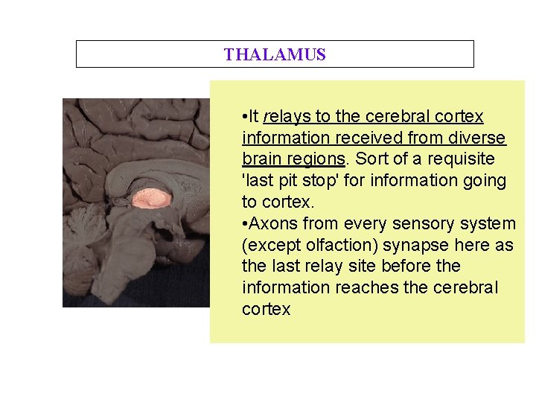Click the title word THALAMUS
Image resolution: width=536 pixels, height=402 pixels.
[x=275, y=54]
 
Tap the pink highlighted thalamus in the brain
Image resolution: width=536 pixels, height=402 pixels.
[x=152, y=198]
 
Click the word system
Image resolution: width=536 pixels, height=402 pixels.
[x=488, y=223]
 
